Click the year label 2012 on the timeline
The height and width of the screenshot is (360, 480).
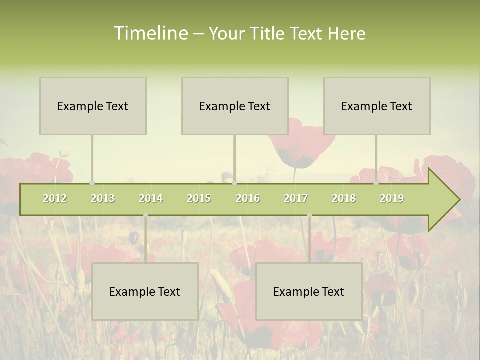[55, 198]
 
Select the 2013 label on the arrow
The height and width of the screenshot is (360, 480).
[103, 198]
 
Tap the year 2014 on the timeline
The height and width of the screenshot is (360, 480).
[151, 198]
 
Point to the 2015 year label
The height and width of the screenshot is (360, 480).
[199, 198]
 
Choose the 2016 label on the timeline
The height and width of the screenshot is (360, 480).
[248, 198]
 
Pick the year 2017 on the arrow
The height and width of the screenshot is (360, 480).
[296, 198]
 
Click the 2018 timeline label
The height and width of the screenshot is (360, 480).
[344, 198]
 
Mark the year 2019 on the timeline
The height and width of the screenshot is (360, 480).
[392, 198]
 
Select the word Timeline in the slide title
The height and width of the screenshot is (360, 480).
[150, 33]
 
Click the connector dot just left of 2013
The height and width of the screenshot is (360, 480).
[92, 183]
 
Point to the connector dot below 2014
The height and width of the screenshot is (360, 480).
[145, 215]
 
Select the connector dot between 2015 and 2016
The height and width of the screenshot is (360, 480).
[235, 183]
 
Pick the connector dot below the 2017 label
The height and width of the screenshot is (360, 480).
[309, 215]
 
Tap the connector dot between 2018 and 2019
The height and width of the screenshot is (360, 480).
[376, 183]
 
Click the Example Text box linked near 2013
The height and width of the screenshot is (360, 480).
[93, 106]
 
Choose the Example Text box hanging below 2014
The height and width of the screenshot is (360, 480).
[145, 291]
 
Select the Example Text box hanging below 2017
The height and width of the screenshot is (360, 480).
[309, 291]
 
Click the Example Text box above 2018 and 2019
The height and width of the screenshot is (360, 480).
[377, 106]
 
